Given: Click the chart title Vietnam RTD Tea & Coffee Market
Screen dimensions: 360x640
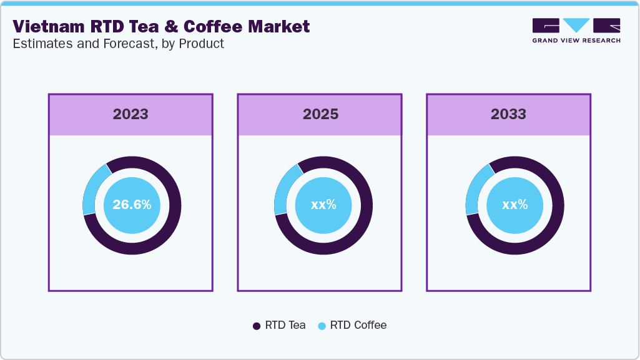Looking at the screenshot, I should (161, 26).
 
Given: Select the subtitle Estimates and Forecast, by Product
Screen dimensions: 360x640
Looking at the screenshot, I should (118, 44).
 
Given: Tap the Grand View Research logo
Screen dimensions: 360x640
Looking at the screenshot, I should (576, 30).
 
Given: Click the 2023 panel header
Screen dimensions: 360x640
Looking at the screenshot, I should (130, 114).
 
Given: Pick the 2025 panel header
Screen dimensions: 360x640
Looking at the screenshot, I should (320, 114).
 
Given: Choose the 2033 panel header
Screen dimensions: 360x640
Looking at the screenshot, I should (508, 114).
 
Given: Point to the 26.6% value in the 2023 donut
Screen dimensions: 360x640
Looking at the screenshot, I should (132, 205).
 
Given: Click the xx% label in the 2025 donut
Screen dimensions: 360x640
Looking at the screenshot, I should (323, 205).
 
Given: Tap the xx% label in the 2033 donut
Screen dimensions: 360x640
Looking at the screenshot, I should (515, 205).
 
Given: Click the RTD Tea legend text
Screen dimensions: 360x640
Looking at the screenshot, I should (285, 325).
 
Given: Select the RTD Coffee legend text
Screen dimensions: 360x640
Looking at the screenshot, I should (358, 325).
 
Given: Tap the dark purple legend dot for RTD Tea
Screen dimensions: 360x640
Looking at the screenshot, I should (257, 326).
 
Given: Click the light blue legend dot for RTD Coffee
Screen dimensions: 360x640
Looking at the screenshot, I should (322, 326).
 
